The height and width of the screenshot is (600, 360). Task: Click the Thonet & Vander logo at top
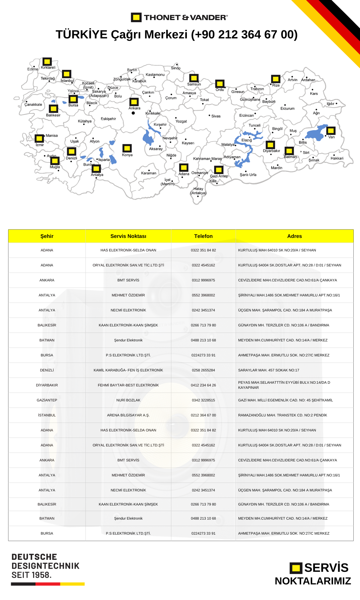click(179, 17)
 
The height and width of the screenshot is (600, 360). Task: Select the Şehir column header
click(47, 236)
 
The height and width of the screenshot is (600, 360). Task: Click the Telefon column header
click(203, 236)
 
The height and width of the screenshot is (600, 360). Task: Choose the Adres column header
click(294, 236)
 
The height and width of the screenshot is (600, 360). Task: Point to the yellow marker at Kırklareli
click(47, 61)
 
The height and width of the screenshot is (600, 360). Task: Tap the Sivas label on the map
click(216, 116)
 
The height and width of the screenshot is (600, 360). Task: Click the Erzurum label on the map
click(287, 108)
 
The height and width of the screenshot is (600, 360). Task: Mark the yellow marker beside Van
click(331, 131)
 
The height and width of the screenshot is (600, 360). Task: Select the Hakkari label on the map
click(337, 158)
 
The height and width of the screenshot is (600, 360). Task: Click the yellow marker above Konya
click(127, 148)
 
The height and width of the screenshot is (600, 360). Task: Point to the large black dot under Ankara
click(133, 113)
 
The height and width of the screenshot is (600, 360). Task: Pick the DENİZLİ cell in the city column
click(47, 370)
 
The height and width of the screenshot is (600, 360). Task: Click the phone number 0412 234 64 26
click(203, 385)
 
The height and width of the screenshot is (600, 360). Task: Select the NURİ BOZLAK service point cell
click(128, 400)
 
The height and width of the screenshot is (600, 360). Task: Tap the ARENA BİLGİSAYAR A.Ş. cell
click(128, 415)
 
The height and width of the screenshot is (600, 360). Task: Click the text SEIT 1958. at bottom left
click(31, 575)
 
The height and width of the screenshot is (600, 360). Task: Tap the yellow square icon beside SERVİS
click(296, 568)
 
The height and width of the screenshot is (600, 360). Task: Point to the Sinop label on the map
click(176, 68)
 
